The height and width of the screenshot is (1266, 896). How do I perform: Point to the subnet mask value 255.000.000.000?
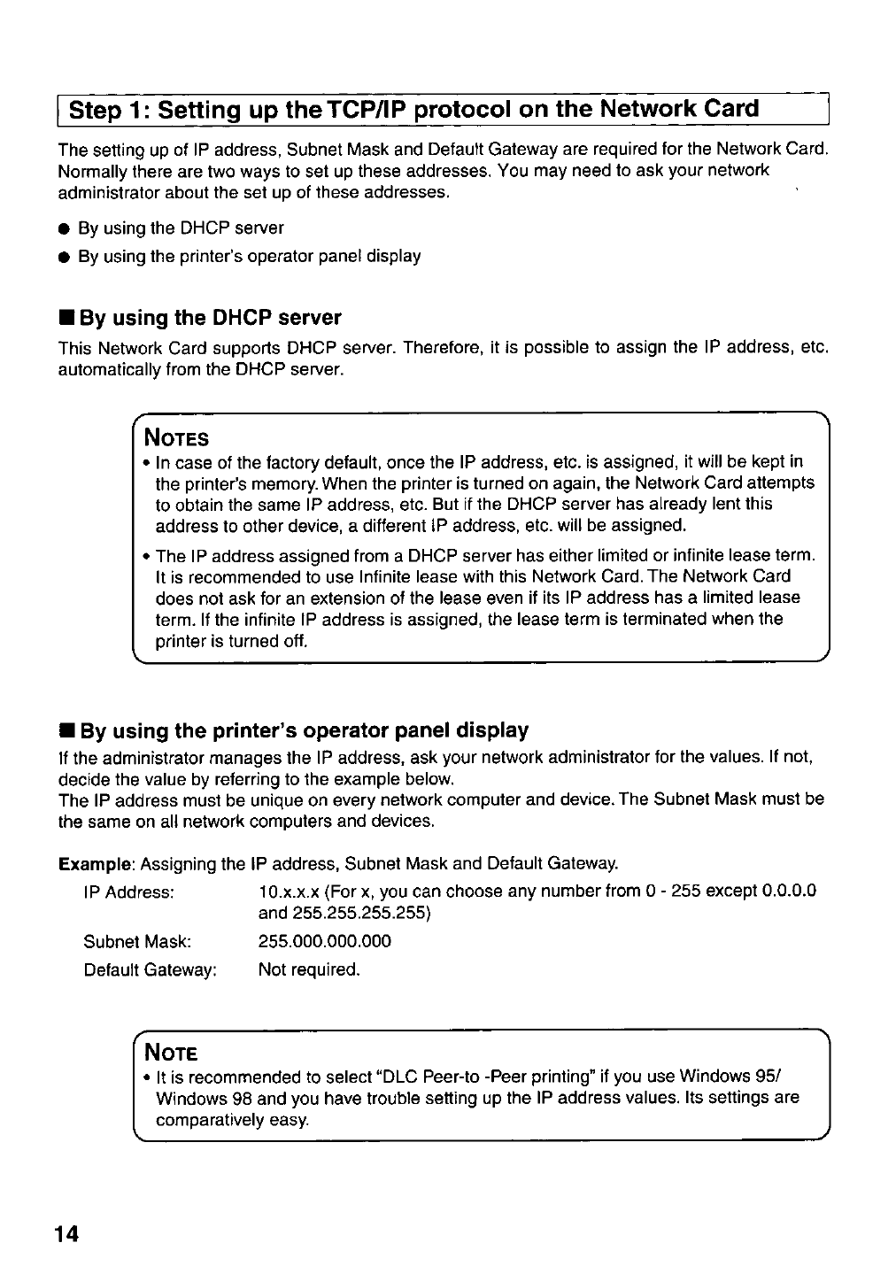click(324, 941)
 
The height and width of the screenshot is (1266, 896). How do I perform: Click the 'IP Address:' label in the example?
click(129, 892)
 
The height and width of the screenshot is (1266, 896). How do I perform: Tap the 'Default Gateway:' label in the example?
click(151, 969)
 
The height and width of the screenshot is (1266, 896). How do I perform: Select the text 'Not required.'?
click(309, 969)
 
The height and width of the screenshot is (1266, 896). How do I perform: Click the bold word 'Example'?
click(96, 863)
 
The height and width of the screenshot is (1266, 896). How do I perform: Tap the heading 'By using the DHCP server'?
click(209, 318)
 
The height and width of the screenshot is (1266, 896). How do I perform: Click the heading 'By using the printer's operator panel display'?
click(302, 730)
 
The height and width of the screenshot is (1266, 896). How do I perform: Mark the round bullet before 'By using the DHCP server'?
click(65, 229)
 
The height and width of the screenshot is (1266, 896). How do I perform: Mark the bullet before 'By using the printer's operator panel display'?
click(65, 258)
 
